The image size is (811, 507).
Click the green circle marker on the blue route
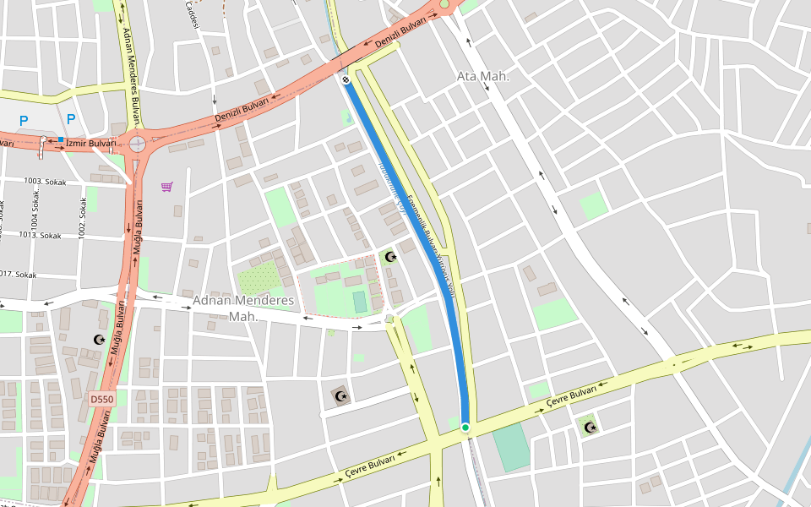(x=465, y=428)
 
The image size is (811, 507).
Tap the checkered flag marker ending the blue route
(x=346, y=80)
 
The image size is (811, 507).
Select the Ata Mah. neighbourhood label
(x=483, y=76)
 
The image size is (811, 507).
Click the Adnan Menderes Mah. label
(x=244, y=308)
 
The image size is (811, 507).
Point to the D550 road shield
(x=101, y=399)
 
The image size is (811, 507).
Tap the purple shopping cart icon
(x=167, y=186)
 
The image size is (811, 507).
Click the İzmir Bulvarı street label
(x=91, y=144)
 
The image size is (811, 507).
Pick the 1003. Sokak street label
(x=45, y=181)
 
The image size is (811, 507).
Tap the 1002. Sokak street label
(x=83, y=217)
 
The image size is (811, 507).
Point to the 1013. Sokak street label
(x=40, y=236)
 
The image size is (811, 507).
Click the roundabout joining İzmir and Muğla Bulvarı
(x=137, y=144)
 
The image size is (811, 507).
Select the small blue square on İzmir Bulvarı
(x=61, y=139)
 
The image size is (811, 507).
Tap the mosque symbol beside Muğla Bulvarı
(x=98, y=340)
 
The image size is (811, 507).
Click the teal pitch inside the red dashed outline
(x=360, y=302)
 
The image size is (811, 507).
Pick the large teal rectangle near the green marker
(x=510, y=448)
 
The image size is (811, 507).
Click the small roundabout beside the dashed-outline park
(x=389, y=319)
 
